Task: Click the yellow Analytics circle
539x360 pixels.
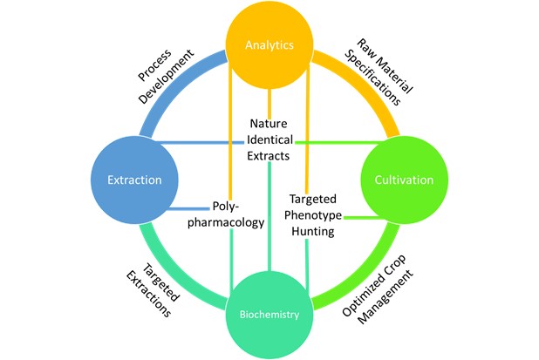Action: tap(269, 44)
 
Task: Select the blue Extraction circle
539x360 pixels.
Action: tap(134, 180)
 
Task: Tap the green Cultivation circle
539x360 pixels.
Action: tap(405, 180)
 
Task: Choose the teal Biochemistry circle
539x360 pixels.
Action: tap(269, 315)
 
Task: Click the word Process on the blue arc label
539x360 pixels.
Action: tap(154, 65)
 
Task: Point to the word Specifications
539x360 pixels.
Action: tap(373, 78)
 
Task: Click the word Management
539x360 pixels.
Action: tap(385, 296)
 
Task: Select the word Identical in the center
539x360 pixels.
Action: tap(269, 139)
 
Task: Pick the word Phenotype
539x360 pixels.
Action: tap(313, 215)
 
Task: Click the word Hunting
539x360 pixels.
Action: tap(313, 231)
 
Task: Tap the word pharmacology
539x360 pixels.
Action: tap(226, 222)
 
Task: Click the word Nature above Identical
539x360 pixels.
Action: tap(269, 123)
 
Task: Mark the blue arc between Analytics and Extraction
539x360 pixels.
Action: tap(172, 82)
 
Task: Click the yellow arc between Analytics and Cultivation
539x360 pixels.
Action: tap(367, 82)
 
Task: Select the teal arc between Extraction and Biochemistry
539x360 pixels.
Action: tap(172, 277)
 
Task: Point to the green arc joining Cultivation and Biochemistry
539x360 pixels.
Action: tap(367, 277)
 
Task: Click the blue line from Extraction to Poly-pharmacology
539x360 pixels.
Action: tap(188, 208)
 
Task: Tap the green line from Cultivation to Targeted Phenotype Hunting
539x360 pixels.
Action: tap(364, 217)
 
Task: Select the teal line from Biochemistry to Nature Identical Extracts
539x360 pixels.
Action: tap(269, 216)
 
